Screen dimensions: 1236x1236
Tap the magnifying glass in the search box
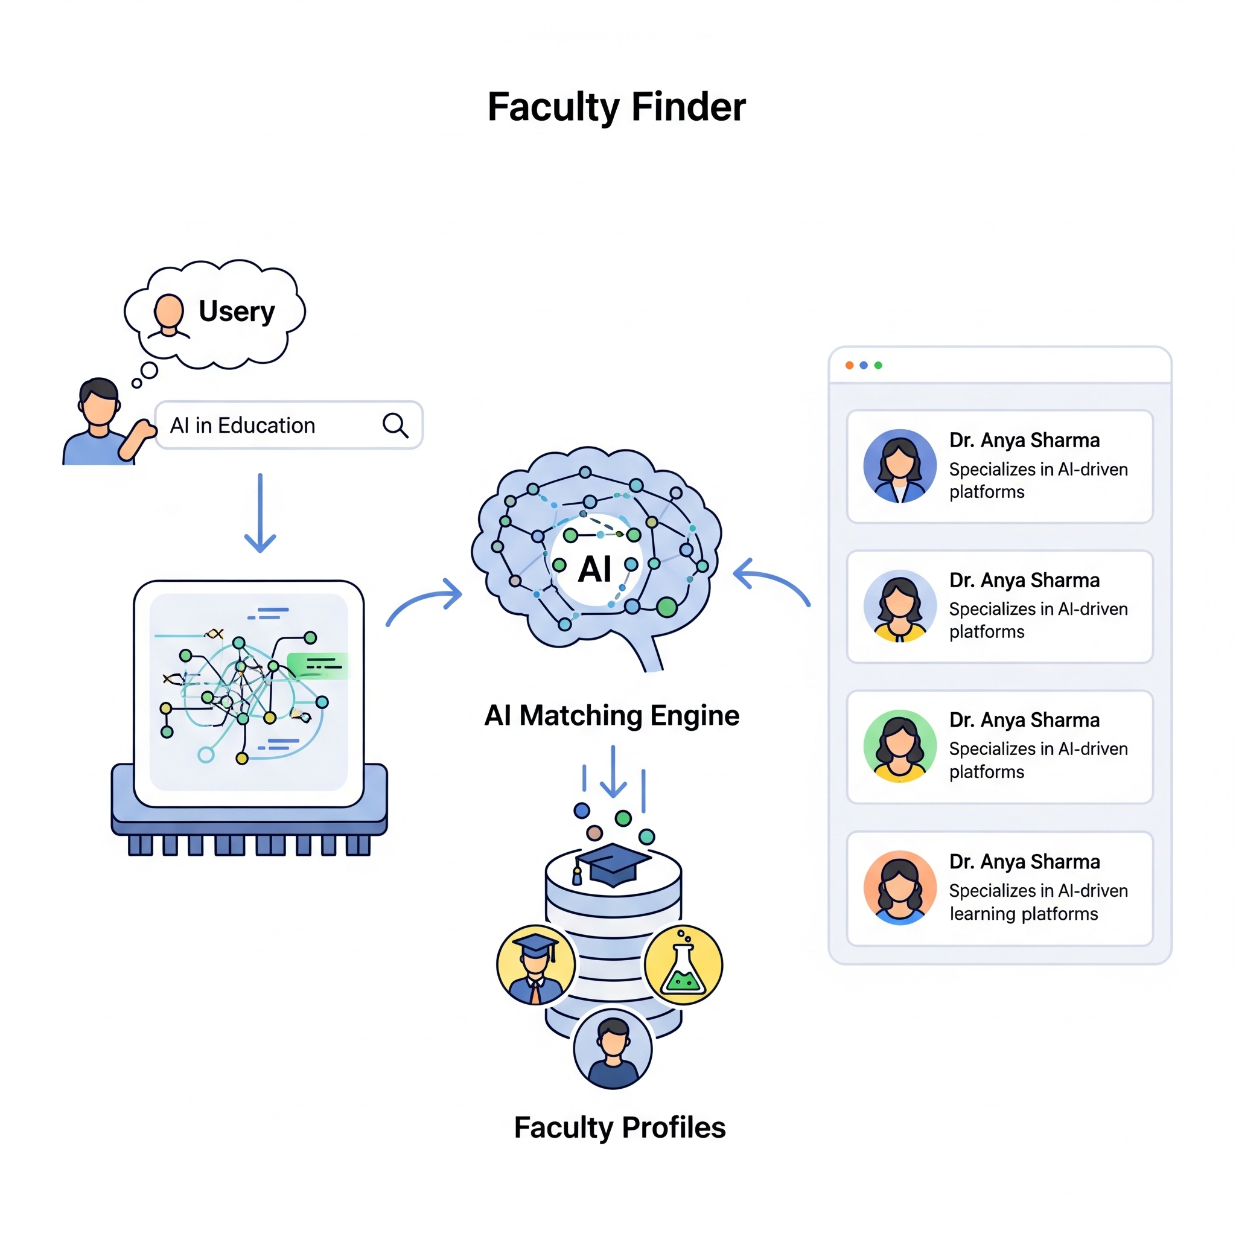click(x=395, y=425)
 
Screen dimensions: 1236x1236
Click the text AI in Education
click(x=243, y=425)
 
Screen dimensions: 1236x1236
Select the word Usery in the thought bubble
click(x=237, y=311)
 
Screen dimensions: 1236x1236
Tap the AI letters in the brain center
click(x=594, y=569)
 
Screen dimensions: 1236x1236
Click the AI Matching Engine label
click(x=611, y=715)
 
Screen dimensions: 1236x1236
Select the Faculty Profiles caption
click(x=619, y=1127)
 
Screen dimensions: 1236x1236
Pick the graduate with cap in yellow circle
click(x=536, y=965)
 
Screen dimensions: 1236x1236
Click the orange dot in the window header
click(x=849, y=365)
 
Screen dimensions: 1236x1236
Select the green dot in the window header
click(x=878, y=365)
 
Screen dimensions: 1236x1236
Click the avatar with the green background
click(x=899, y=746)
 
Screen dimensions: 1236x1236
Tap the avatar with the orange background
click(x=899, y=887)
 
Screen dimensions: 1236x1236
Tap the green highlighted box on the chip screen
click(x=318, y=665)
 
